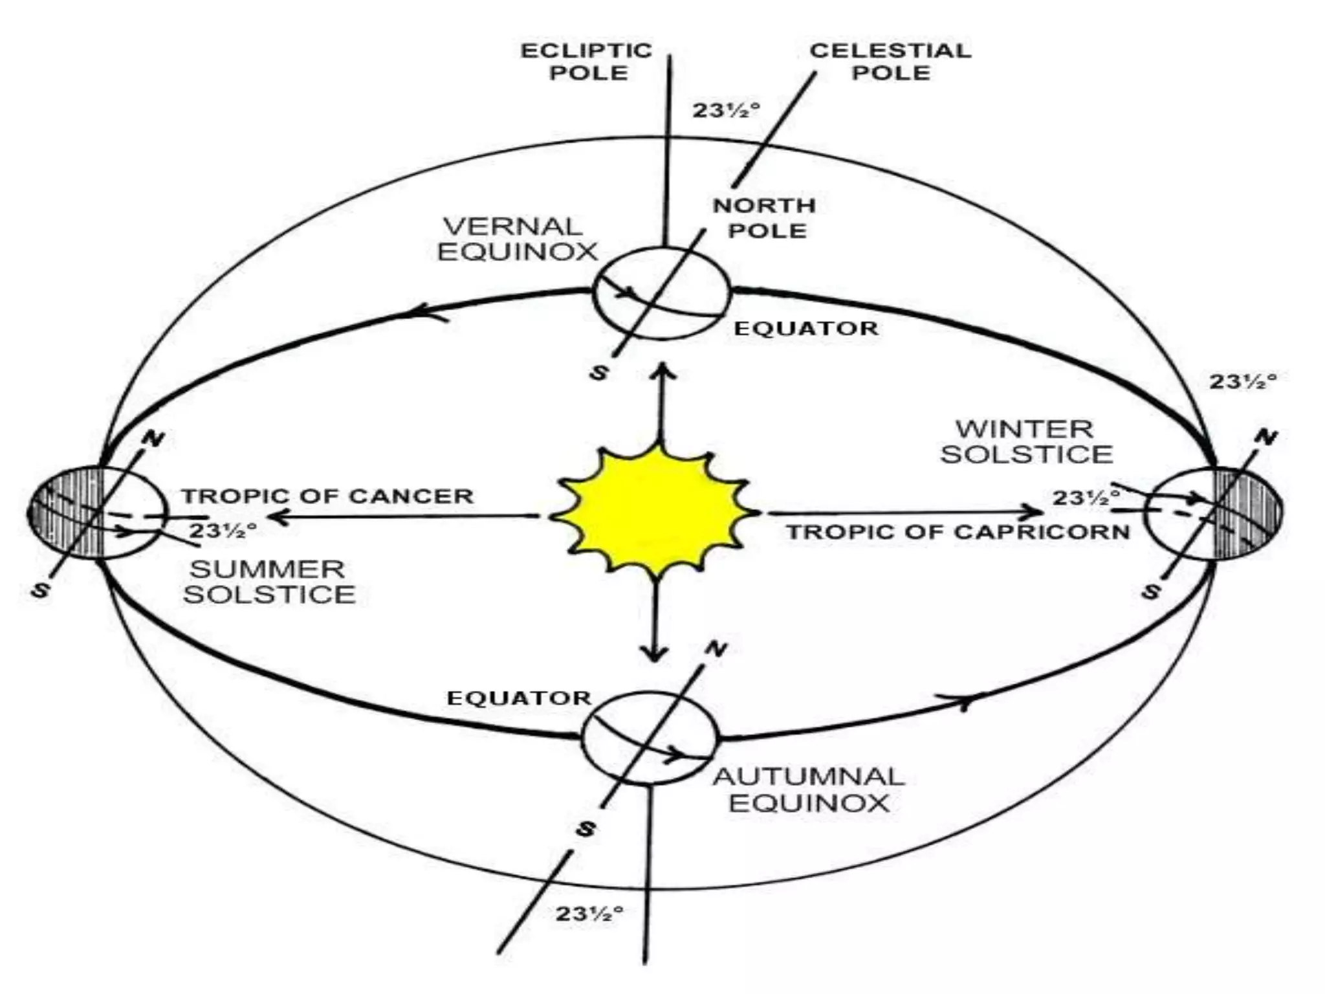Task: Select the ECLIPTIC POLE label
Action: click(x=587, y=61)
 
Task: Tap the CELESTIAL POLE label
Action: click(x=890, y=61)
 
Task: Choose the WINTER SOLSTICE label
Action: click(x=1026, y=442)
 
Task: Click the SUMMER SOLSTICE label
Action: click(x=268, y=581)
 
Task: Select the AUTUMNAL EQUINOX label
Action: click(x=809, y=790)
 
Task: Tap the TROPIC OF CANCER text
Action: click(x=327, y=496)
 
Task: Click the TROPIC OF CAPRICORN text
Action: click(x=958, y=532)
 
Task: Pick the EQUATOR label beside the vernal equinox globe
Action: click(x=806, y=328)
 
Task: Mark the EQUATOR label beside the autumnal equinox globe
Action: click(x=519, y=698)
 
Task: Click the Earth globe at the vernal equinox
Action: click(x=661, y=293)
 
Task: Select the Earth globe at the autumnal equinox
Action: click(x=650, y=738)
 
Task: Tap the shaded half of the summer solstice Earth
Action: click(x=65, y=513)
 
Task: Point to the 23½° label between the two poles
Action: click(x=726, y=111)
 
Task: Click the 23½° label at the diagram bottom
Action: click(x=589, y=914)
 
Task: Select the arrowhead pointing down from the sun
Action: click(x=655, y=654)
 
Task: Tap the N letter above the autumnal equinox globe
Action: click(x=716, y=648)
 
